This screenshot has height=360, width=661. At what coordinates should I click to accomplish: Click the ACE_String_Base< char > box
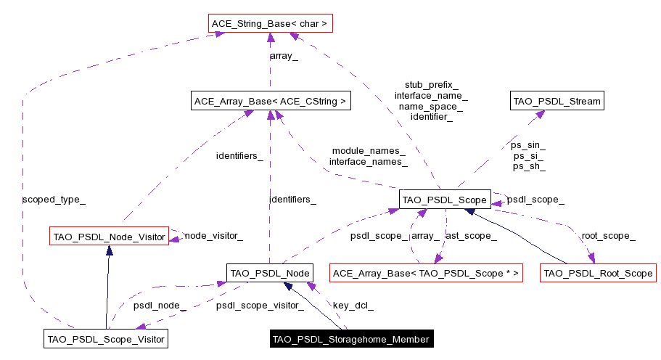tap(270, 24)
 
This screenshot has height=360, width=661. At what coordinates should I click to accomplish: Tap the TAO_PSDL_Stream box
tap(557, 101)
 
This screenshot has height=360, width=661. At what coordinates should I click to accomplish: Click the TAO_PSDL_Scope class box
tap(445, 199)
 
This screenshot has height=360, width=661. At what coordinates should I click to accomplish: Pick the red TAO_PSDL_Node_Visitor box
tap(109, 235)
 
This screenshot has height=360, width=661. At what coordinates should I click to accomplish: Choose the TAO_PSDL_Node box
tap(269, 273)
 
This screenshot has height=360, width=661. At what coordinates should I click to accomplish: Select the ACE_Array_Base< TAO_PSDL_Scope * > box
tap(426, 274)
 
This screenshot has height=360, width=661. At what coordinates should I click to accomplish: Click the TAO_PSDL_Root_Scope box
tap(598, 274)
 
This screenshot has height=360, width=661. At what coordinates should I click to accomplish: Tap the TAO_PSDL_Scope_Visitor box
tap(106, 338)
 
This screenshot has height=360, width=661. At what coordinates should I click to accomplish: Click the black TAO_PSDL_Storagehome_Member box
tap(351, 339)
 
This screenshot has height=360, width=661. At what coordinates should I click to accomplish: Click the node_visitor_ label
tap(213, 235)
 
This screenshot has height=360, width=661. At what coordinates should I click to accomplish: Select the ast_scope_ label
tap(471, 235)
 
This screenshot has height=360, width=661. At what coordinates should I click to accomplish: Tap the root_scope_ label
tap(608, 235)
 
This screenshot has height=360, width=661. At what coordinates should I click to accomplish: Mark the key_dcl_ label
tap(353, 306)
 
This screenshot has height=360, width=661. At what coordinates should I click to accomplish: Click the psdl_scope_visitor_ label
tap(260, 306)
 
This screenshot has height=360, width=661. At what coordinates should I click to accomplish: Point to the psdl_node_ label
tap(160, 306)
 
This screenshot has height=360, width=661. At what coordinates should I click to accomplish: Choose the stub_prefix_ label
tap(431, 85)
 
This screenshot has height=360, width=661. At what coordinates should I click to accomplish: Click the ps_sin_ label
tap(529, 145)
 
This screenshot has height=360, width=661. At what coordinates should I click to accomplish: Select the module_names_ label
tap(369, 151)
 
